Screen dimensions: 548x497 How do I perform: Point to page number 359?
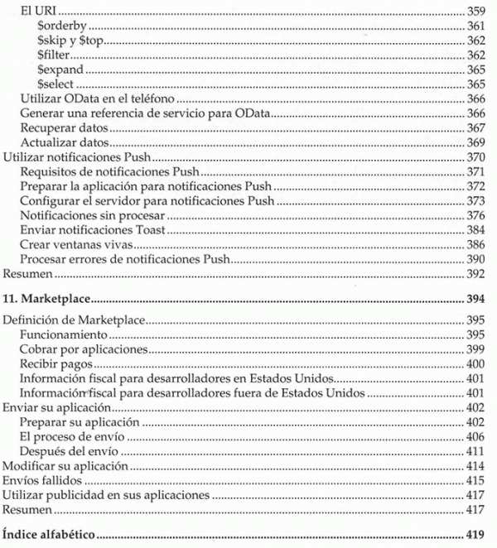[475, 12]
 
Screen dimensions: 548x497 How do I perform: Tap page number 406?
[475, 437]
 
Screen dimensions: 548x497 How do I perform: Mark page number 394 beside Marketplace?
[475, 298]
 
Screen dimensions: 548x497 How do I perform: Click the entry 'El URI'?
[36, 12]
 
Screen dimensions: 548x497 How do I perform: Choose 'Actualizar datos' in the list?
[65, 142]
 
